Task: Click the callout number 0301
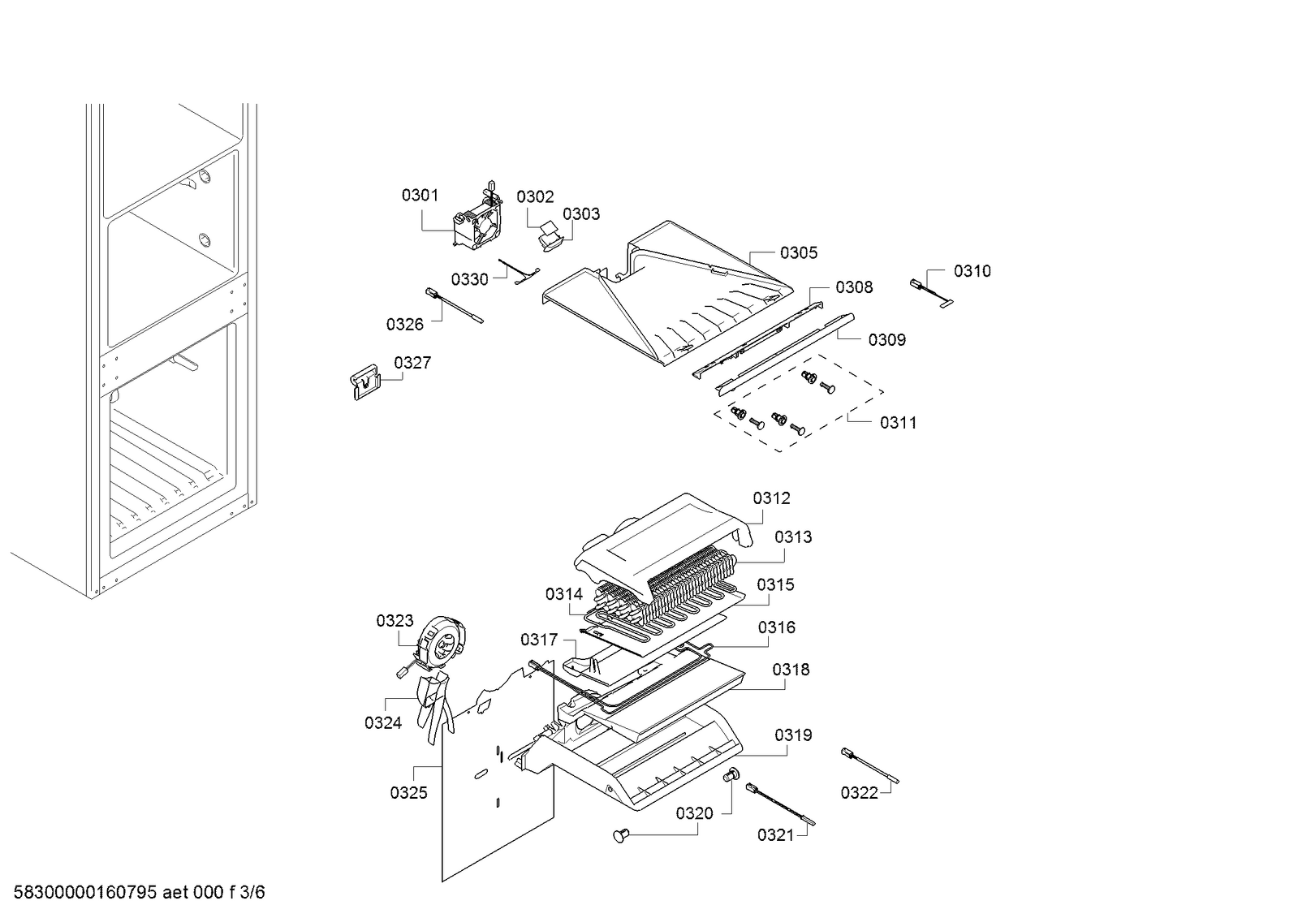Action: pos(420,196)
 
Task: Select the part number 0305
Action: pos(799,253)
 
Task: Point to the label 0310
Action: pos(972,271)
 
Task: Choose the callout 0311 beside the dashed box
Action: pos(898,423)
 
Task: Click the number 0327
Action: pos(412,363)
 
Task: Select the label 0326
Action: pos(404,325)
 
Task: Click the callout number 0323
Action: pos(395,622)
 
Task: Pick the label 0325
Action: pos(408,793)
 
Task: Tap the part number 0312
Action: pos(771,498)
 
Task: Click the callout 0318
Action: pos(791,670)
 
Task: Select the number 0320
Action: pos(694,813)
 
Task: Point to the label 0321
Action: pos(775,835)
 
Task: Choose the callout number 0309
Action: pos(886,340)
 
